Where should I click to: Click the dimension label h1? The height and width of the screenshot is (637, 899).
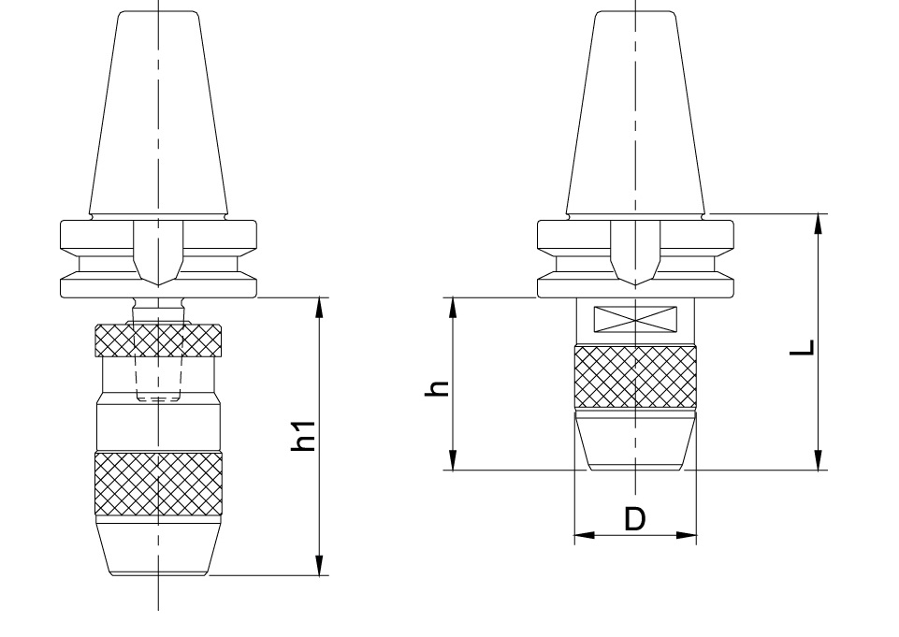point(303,436)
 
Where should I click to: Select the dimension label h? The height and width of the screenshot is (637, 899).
point(436,388)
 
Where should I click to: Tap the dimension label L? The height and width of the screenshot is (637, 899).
point(802,347)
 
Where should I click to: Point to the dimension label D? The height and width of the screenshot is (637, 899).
point(634,519)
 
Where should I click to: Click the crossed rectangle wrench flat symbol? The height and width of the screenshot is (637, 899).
point(635,319)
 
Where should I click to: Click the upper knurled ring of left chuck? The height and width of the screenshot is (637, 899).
point(158,340)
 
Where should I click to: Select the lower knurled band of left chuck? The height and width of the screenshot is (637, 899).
point(158,484)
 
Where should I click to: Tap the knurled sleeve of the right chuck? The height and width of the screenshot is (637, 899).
point(635,377)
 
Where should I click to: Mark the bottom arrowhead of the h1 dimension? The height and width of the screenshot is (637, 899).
point(320,565)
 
